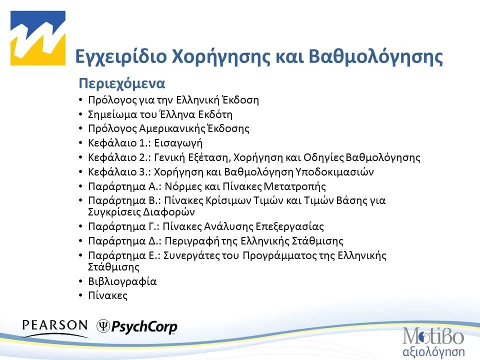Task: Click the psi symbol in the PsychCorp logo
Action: [x=103, y=326]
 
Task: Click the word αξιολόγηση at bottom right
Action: [x=433, y=350]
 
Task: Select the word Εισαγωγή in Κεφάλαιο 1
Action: [x=178, y=143]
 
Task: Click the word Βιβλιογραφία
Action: [x=122, y=281]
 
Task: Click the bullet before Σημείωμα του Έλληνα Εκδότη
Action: [x=81, y=114]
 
